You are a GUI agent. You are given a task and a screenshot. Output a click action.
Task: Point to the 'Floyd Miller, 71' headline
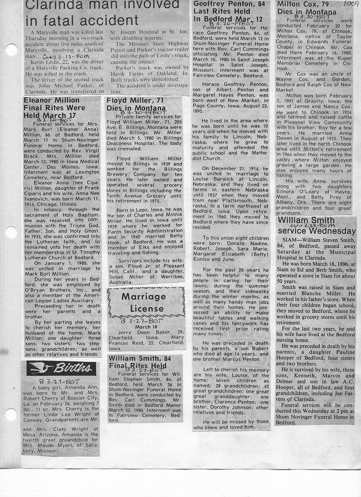(x=136, y=104)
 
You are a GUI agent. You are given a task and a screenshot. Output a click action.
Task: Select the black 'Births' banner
(x=61, y=368)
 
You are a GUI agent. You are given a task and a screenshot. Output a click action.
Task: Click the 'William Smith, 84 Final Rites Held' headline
(x=139, y=362)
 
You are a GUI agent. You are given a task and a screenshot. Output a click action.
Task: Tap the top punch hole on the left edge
(x=11, y=50)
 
